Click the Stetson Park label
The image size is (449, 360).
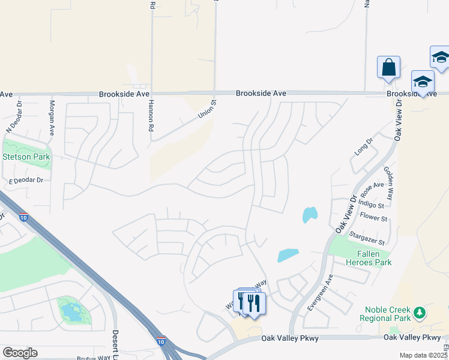pyautogui.click(x=26, y=157)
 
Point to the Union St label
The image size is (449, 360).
pyautogui.click(x=207, y=109)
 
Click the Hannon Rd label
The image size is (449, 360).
pyautogui.click(x=151, y=116)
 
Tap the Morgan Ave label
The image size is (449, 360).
pyautogui.click(x=52, y=117)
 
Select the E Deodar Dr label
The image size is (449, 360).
pyautogui.click(x=26, y=180)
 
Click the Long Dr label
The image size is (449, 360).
pyautogui.click(x=364, y=146)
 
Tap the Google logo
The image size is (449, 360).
pyautogui.click(x=20, y=353)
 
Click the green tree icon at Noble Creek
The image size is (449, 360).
pyautogui.click(x=420, y=313)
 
